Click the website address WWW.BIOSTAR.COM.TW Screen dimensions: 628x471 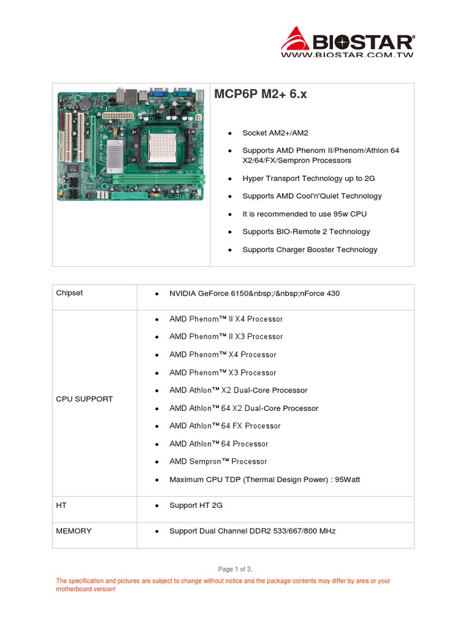point(347,55)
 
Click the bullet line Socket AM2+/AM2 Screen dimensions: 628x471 point(275,133)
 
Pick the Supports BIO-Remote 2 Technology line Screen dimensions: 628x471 point(306,232)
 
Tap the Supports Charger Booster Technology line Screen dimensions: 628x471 point(310,250)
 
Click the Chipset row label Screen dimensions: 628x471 point(69,293)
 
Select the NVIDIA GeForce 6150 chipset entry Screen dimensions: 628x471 point(254,294)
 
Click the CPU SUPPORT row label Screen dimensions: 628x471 point(85,399)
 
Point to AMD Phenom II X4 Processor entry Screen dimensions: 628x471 point(226,319)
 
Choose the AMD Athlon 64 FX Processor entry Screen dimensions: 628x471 point(224,426)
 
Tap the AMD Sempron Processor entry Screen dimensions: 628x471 point(218,461)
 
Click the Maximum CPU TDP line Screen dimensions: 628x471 point(264,480)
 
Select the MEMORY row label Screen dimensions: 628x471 point(74,531)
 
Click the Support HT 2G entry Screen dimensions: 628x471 point(196,505)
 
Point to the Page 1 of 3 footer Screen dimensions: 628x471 point(235,569)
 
